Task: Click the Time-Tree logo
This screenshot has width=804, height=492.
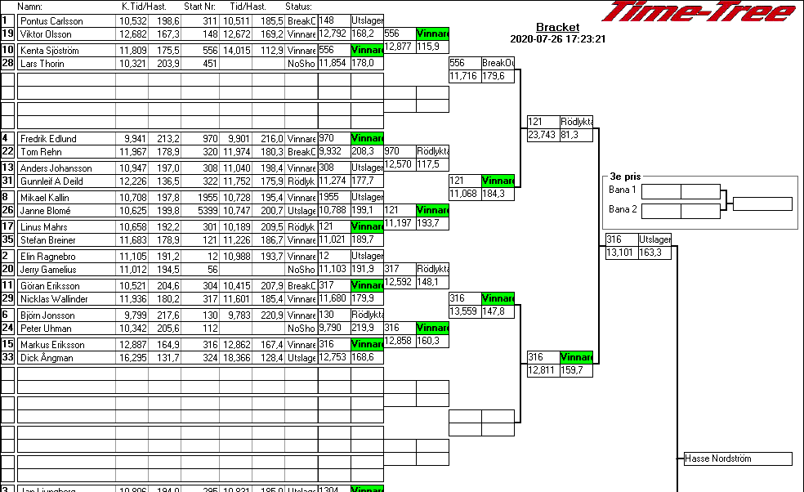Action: (698, 11)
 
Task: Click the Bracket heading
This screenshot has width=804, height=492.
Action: (557, 28)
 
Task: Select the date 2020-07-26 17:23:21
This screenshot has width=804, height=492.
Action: (557, 39)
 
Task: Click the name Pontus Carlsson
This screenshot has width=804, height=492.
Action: (51, 21)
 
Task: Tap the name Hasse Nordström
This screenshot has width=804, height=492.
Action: (718, 459)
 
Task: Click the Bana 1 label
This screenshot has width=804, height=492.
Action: (623, 190)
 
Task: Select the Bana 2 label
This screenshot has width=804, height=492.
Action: (623, 210)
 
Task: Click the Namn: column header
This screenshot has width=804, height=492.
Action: (30, 7)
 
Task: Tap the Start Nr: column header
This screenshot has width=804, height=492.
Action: (200, 7)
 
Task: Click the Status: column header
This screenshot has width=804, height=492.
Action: (298, 7)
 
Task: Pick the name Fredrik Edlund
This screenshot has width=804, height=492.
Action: (48, 139)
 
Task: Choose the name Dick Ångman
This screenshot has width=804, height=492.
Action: (47, 358)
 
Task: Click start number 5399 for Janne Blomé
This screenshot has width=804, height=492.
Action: (208, 211)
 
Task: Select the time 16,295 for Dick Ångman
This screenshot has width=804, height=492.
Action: (132, 358)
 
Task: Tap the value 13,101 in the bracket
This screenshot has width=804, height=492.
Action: (620, 253)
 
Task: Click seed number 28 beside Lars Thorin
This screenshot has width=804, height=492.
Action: (7, 64)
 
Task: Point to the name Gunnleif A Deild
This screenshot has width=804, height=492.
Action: (51, 181)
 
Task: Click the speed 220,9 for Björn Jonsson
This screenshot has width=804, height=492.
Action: (272, 315)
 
